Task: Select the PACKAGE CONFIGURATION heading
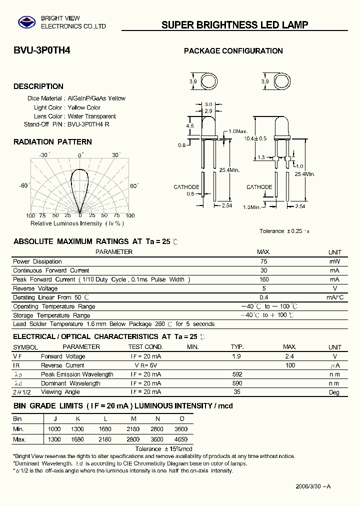pos(233,51)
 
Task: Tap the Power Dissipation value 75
pos(264,261)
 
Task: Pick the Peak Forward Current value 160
pos(264,279)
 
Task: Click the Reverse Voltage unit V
pos(334,288)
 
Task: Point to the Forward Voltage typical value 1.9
pos(236,356)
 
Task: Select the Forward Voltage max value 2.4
pos(289,356)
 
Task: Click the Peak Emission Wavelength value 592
pos(237,374)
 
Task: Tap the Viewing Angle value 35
pos(237,392)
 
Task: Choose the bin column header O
pos(181,419)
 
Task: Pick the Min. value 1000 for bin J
pos(54,429)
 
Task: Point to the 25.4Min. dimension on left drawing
pos(229,170)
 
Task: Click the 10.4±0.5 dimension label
pos(255,138)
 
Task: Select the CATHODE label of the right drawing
pos(259,187)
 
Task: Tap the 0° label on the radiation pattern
pos(81,155)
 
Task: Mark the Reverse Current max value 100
pos(290,365)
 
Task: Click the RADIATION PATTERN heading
pos(52,142)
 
